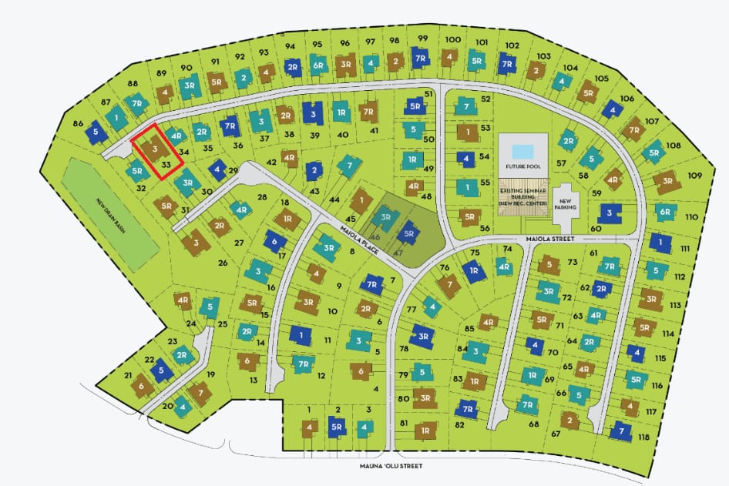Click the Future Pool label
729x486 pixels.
point(523,166)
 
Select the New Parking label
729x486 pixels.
point(566,204)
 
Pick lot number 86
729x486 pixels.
point(78,123)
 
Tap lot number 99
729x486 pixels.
point(422,39)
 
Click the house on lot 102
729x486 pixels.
point(506,63)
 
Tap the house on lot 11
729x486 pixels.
point(300,336)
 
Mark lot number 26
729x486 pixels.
point(223,263)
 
